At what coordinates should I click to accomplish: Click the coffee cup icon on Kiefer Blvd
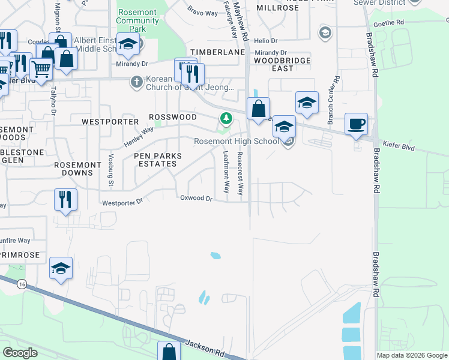pos(356,124)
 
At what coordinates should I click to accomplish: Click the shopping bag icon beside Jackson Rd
pos(169,351)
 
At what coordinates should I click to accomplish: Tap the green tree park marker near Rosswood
pos(226,118)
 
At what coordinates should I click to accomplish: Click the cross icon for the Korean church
pos(137,81)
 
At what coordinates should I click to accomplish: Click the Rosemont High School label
pos(236,142)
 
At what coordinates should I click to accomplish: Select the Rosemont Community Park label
pos(137,20)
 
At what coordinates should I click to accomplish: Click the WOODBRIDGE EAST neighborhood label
pos(282,64)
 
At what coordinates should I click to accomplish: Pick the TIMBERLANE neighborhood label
pos(218,53)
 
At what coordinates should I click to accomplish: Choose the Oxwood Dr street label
pos(196,198)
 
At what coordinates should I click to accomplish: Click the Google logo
pos(20,352)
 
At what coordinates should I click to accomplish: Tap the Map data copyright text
pos(412,355)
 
